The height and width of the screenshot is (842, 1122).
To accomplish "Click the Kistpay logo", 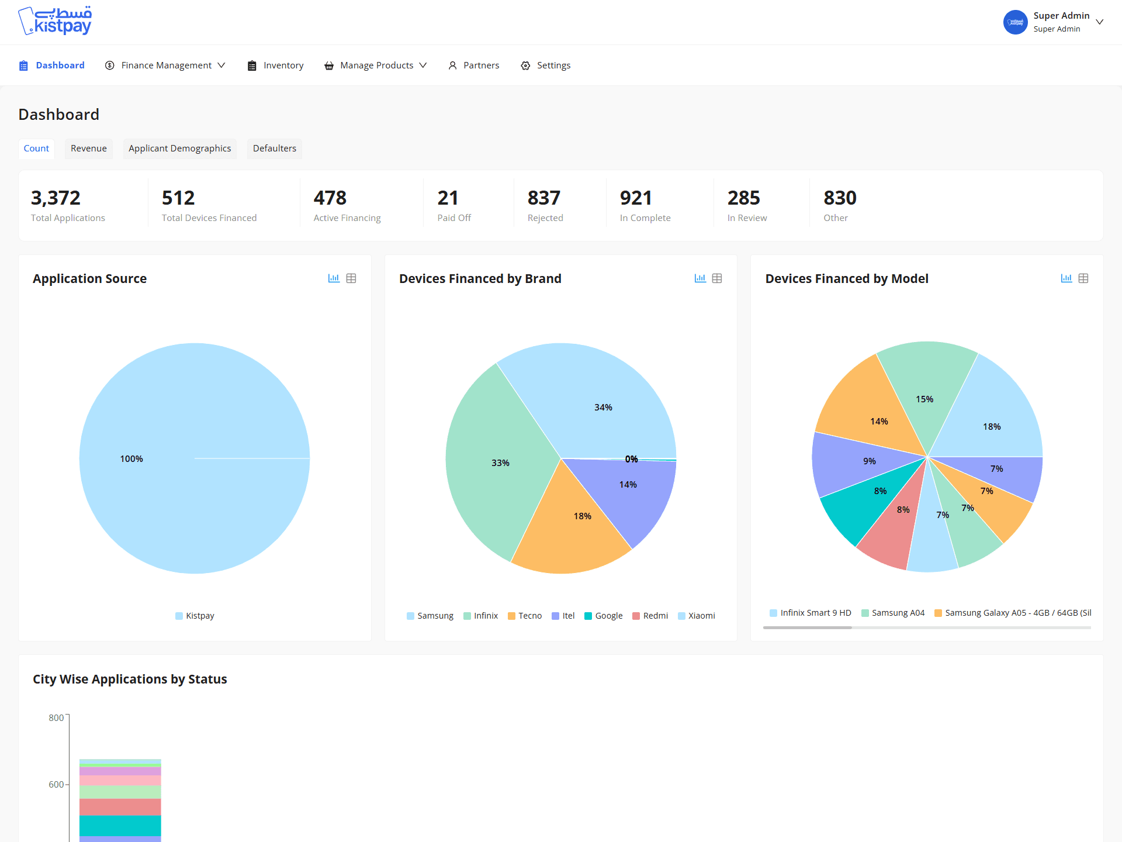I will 56,21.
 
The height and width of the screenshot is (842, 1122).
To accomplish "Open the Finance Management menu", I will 165,65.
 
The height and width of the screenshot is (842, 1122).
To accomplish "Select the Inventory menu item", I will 275,65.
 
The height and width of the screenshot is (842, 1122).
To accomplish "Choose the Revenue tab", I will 89,149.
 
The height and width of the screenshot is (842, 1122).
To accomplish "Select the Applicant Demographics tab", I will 180,149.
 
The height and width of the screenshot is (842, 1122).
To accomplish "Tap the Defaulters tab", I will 275,149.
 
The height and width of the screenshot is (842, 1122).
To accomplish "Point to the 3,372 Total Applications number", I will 56,198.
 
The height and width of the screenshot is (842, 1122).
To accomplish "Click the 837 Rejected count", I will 544,198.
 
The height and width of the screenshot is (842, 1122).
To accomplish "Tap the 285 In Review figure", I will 744,198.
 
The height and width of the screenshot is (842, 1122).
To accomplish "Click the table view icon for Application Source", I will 351,278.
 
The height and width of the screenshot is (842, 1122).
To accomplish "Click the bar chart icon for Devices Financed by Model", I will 1066,278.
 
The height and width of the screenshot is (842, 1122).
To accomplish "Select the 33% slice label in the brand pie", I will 500,463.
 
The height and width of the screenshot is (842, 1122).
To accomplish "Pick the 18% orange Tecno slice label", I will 583,516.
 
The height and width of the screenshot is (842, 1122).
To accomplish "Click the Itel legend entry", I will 563,616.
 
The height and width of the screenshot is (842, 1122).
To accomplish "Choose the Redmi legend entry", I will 650,616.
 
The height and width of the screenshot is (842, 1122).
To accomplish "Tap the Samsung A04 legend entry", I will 893,613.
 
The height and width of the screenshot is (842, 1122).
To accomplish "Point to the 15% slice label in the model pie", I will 924,399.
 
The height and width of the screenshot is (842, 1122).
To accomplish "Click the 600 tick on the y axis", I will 56,785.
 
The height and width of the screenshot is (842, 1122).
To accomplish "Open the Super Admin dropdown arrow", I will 1100,22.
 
